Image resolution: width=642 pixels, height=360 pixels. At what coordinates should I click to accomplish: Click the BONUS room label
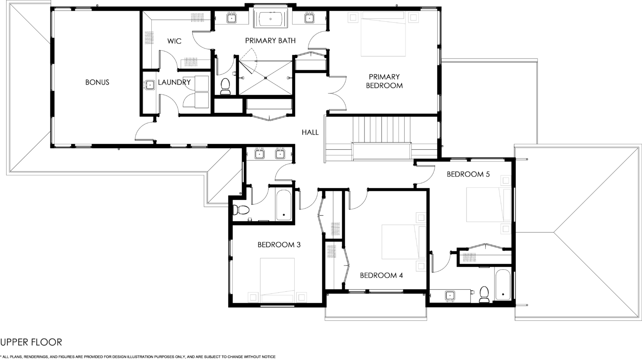click(97, 82)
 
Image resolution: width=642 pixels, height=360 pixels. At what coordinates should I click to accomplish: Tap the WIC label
click(174, 41)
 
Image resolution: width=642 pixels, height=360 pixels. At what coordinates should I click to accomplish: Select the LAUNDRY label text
click(174, 82)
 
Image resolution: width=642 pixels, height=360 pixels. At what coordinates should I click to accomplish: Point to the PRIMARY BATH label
click(270, 41)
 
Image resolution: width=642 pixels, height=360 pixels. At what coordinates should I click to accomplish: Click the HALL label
click(310, 132)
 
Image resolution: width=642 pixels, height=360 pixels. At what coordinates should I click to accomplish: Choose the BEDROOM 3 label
click(279, 245)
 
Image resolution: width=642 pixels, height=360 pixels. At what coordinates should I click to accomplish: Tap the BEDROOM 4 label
click(382, 276)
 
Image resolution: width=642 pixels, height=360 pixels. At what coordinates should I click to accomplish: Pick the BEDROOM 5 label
click(468, 174)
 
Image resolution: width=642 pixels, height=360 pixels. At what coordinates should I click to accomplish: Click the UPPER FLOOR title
click(31, 342)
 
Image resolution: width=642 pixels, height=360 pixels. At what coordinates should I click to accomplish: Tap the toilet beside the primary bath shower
click(225, 86)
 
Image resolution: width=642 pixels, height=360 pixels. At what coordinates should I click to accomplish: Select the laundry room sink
click(149, 85)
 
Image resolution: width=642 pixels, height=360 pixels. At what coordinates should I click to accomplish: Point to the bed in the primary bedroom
click(383, 34)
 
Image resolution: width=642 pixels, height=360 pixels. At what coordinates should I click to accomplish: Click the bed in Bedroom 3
click(277, 280)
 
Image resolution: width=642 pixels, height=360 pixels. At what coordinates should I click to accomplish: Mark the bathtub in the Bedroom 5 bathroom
click(502, 284)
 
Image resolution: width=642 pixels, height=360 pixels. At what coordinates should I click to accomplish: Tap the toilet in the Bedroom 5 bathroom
click(484, 294)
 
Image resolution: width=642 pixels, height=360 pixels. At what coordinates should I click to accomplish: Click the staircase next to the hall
click(382, 138)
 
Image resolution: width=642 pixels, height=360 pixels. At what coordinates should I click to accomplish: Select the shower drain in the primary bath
click(266, 78)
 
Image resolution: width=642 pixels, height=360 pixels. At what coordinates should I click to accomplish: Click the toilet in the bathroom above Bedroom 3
click(241, 210)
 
